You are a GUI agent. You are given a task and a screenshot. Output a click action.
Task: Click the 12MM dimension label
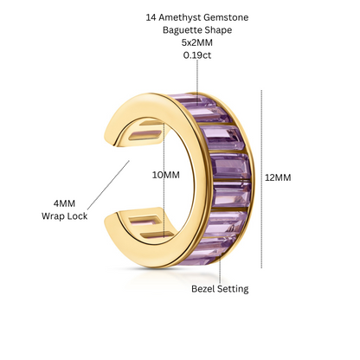(x=278, y=177)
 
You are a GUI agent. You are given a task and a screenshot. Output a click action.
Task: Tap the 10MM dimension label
(x=166, y=175)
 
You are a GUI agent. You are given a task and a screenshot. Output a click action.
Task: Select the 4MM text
(x=64, y=203)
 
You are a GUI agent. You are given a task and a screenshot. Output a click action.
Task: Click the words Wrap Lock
(x=64, y=216)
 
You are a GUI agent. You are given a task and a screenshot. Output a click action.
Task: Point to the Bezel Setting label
(x=220, y=289)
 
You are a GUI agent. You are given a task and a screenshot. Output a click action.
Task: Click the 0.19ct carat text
(x=197, y=55)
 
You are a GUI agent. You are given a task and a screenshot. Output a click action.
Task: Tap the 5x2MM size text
(x=197, y=42)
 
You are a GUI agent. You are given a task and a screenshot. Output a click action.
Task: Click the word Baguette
(x=183, y=30)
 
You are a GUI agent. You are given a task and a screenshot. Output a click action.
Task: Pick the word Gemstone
(x=226, y=17)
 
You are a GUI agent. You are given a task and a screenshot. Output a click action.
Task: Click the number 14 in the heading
(x=151, y=17)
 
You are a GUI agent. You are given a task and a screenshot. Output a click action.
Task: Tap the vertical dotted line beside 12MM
(x=261, y=179)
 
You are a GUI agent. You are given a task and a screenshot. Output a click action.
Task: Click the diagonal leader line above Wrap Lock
(x=108, y=185)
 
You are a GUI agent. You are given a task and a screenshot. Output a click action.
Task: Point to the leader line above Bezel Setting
(x=220, y=270)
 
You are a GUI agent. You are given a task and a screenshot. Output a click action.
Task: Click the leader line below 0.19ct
(x=197, y=82)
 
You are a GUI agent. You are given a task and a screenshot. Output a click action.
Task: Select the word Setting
(x=233, y=289)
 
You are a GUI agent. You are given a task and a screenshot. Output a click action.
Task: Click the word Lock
(x=77, y=216)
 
